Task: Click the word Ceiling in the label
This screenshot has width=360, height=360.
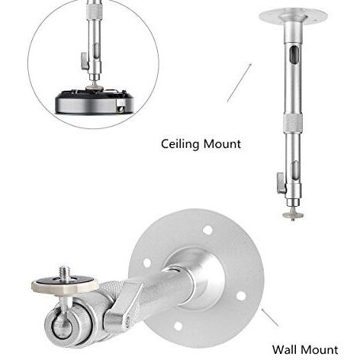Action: pyautogui.click(x=180, y=144)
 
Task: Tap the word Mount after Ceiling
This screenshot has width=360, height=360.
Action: pyautogui.click(x=222, y=144)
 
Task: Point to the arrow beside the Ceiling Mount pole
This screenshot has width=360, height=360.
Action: pyautogui.click(x=239, y=82)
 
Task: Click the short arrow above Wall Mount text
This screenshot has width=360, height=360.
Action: pyautogui.click(x=270, y=317)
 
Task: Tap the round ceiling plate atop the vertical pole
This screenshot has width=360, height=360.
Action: pyautogui.click(x=293, y=16)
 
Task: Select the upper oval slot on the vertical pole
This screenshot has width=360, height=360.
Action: pyautogui.click(x=294, y=55)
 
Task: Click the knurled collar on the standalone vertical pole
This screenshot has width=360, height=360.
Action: pyautogui.click(x=293, y=124)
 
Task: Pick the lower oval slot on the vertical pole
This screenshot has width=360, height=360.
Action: pyautogui.click(x=295, y=170)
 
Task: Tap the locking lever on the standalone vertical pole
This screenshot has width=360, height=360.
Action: pyautogui.click(x=281, y=183)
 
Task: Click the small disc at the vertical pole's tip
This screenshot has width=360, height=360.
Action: pyautogui.click(x=293, y=216)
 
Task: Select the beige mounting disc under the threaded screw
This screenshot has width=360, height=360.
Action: pyautogui.click(x=65, y=284)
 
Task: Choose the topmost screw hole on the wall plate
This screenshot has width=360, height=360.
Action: pyautogui.click(x=208, y=230)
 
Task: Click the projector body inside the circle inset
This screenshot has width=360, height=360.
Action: pyautogui.click(x=94, y=101)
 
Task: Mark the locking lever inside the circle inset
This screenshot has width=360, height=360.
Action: pyautogui.click(x=85, y=61)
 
